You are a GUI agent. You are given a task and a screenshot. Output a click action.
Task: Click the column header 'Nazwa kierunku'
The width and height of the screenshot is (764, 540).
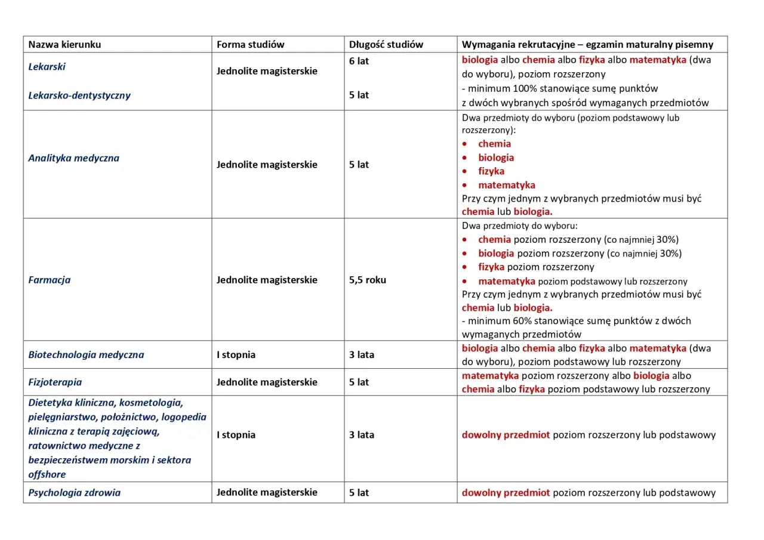(x=64, y=45)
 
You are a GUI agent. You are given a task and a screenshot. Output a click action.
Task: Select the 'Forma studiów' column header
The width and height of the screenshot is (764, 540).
(x=250, y=45)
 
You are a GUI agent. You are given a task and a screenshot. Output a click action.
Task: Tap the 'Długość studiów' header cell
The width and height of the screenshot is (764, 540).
(x=386, y=45)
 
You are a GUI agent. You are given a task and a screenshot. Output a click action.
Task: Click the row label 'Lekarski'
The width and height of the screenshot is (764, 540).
(x=47, y=67)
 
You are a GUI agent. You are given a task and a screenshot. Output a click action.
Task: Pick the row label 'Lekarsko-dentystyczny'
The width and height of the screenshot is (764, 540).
(x=79, y=95)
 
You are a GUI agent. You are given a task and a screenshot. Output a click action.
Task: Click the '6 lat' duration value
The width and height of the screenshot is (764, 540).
(x=359, y=61)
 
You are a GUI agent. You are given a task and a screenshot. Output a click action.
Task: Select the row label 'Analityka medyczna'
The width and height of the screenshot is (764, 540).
(x=73, y=158)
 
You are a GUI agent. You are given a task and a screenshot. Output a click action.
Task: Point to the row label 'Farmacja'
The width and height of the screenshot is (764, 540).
(x=49, y=280)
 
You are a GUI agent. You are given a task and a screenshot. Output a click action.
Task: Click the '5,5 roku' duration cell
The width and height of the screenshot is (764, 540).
(x=367, y=280)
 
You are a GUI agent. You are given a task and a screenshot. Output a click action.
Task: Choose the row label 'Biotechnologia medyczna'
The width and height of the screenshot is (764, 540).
(x=86, y=354)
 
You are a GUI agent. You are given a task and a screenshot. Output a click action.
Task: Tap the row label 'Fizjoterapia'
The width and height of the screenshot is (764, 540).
(x=55, y=382)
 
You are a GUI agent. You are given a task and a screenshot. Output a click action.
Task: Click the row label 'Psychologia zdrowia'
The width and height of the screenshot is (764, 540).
(x=74, y=493)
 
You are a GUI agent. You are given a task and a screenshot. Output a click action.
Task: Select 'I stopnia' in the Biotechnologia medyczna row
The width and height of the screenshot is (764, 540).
(x=236, y=354)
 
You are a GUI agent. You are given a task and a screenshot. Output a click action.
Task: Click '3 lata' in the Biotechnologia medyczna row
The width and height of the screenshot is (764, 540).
(x=362, y=354)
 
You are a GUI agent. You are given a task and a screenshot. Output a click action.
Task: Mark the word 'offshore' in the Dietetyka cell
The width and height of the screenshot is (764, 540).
(x=47, y=474)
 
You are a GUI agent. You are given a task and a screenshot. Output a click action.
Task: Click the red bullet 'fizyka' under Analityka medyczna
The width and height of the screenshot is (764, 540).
(x=491, y=171)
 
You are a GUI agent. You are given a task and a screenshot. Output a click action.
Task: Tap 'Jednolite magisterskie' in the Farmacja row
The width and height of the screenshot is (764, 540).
(x=267, y=280)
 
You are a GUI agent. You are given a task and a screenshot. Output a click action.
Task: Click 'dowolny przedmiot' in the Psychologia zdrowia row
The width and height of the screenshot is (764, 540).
(x=506, y=493)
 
